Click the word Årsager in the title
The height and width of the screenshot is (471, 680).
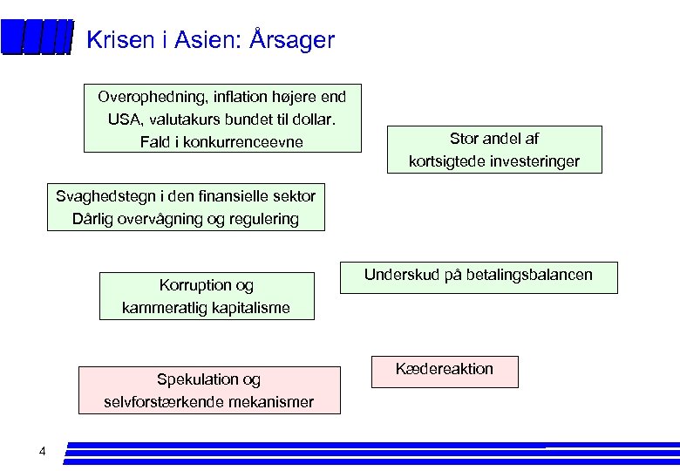[292, 40]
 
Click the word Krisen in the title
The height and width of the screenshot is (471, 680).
[119, 40]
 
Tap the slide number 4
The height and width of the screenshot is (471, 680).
[42, 451]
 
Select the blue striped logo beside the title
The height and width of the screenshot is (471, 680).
[36, 38]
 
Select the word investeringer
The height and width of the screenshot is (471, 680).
[536, 161]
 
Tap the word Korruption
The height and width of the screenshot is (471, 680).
[195, 285]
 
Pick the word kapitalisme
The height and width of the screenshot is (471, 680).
[246, 308]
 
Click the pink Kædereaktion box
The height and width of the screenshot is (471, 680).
[445, 371]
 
